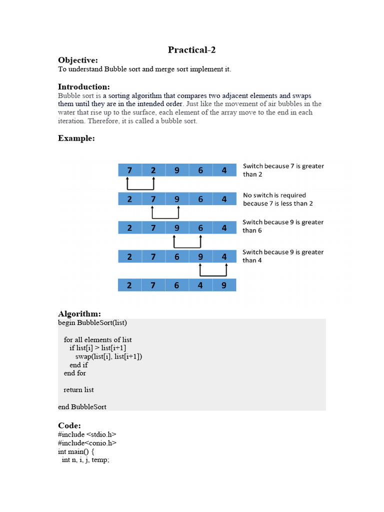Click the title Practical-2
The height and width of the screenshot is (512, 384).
(x=192, y=49)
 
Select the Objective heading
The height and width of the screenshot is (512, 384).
(x=78, y=60)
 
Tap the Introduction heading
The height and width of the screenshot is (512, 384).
(x=84, y=86)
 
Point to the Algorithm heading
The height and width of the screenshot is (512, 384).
(x=79, y=313)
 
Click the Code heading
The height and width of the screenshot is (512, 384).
(x=69, y=425)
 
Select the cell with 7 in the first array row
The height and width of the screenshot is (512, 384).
(x=130, y=170)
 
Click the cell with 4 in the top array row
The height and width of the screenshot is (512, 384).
(x=224, y=170)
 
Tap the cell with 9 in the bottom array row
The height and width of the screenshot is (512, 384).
(x=224, y=285)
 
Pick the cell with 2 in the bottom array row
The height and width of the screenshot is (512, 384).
(x=130, y=285)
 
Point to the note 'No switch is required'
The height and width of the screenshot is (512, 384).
(x=274, y=195)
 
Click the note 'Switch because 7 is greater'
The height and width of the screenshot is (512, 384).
(x=283, y=166)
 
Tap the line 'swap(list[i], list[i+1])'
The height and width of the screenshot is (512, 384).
(x=108, y=356)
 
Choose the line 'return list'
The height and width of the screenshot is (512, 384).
(x=78, y=389)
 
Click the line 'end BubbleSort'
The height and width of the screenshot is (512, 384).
(x=82, y=406)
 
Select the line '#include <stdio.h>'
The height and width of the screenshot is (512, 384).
(x=87, y=434)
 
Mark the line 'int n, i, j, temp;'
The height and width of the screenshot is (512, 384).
(x=85, y=459)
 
